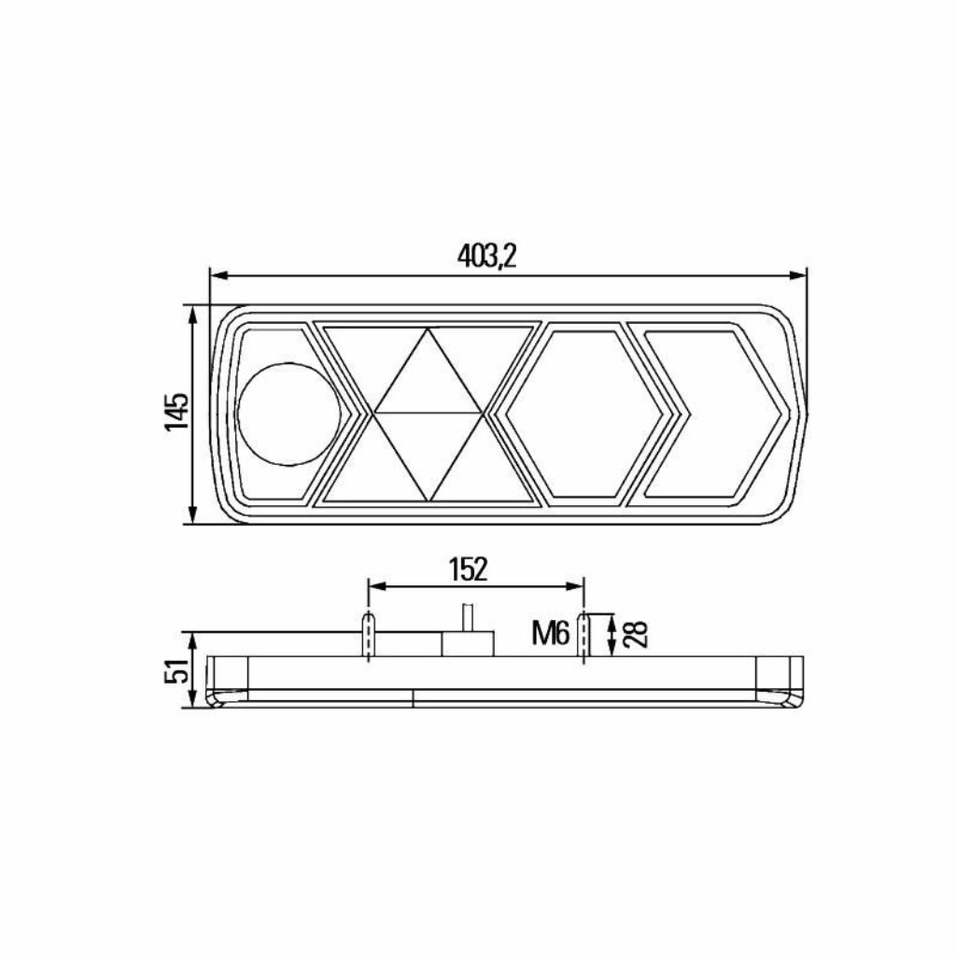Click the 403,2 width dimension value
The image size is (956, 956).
(x=486, y=256)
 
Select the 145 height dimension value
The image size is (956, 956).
(x=176, y=412)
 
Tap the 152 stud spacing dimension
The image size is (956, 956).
(x=469, y=569)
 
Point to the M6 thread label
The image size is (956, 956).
(x=551, y=633)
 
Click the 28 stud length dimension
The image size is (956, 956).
(x=635, y=634)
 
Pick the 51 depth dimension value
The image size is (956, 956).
(x=176, y=669)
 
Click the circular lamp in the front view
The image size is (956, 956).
(x=289, y=414)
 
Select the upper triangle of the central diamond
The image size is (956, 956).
(x=428, y=372)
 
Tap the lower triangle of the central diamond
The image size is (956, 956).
(x=428, y=457)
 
